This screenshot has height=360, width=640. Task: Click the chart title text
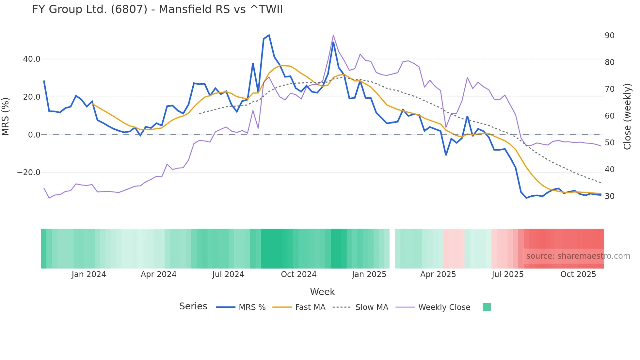[x=157, y=9]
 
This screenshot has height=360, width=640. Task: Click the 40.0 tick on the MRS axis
[x=32, y=59]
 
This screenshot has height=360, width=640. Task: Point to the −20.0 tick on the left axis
[x=29, y=172]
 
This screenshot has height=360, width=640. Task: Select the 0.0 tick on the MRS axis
[x=34, y=135]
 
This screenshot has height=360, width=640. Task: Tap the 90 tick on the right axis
[x=609, y=36]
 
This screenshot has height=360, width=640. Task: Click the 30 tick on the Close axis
[x=609, y=196]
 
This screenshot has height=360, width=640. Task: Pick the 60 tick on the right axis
[x=609, y=116]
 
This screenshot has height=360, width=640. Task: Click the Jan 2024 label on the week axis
[x=89, y=274]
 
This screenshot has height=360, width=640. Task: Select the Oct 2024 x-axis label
[x=298, y=274]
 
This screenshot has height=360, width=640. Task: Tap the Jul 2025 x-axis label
[x=507, y=274]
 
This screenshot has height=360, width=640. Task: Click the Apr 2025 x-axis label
[x=438, y=274]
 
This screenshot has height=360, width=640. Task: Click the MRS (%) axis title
[x=6, y=116]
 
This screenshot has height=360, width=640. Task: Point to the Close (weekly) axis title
[x=627, y=117]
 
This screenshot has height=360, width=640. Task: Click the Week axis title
[x=322, y=292]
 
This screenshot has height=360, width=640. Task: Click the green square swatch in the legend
[x=487, y=307]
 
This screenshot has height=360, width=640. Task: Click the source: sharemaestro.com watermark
[x=578, y=256]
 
